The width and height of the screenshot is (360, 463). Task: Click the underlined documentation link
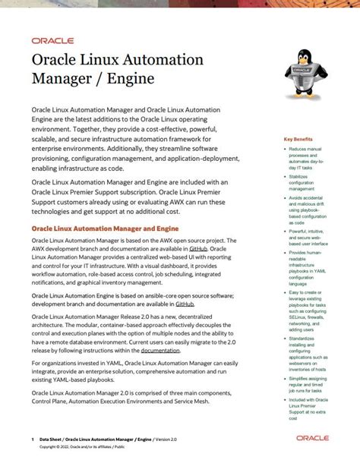[159, 351]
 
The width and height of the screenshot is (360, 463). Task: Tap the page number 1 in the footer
[33, 439]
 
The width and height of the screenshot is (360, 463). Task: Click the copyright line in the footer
[84, 448]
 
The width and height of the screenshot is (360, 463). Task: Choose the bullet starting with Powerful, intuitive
[306, 241]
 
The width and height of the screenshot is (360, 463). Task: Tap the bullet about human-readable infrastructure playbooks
[306, 269]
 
